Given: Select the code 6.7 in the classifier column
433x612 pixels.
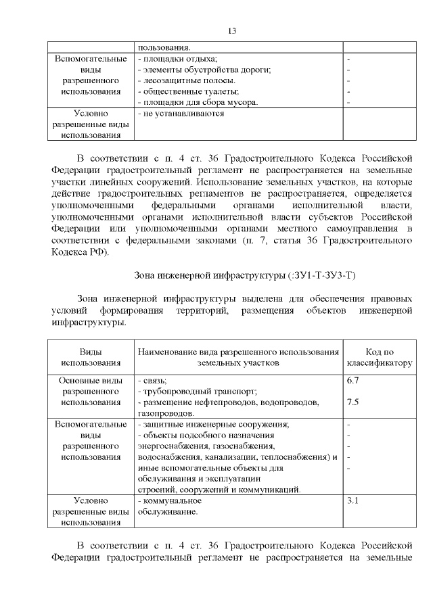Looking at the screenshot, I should [x=352, y=381].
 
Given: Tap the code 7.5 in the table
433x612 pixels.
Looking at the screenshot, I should [x=352, y=402].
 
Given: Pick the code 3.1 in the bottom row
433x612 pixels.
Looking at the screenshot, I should [x=352, y=501].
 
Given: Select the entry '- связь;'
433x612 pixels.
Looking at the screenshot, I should [x=152, y=381].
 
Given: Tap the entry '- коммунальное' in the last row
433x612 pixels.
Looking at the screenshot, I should [x=170, y=501].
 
